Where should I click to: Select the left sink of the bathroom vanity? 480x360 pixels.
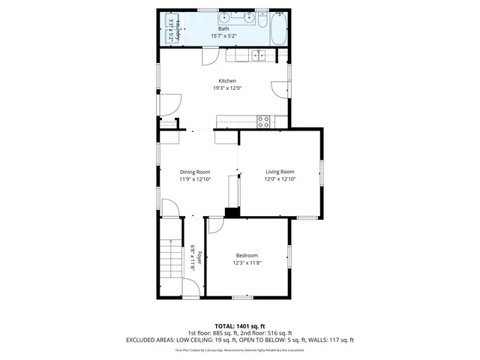click(x=224, y=16)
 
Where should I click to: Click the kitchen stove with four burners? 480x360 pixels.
click(x=264, y=119)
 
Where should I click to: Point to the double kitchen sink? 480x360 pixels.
click(x=258, y=55)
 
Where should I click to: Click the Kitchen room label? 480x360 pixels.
click(x=227, y=81)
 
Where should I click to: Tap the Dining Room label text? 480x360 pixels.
click(x=194, y=172)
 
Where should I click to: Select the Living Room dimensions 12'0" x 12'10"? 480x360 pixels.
click(x=280, y=179)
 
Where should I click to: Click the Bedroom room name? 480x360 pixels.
click(x=247, y=256)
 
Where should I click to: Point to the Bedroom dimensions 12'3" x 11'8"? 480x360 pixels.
click(x=247, y=262)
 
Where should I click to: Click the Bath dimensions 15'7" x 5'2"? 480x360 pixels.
click(x=224, y=35)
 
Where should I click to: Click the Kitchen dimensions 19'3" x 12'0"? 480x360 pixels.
click(x=227, y=88)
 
